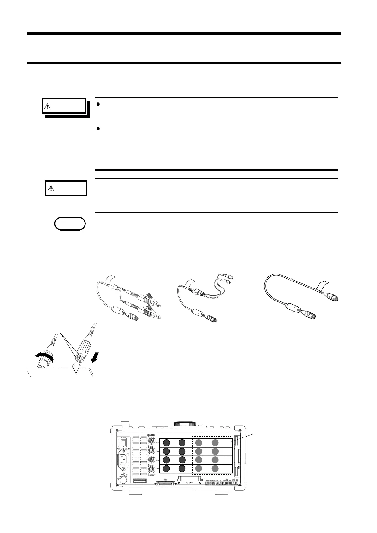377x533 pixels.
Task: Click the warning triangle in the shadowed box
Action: (47, 107)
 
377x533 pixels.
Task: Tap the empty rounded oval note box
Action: (70, 224)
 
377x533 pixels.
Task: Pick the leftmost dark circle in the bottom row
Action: (167, 469)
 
